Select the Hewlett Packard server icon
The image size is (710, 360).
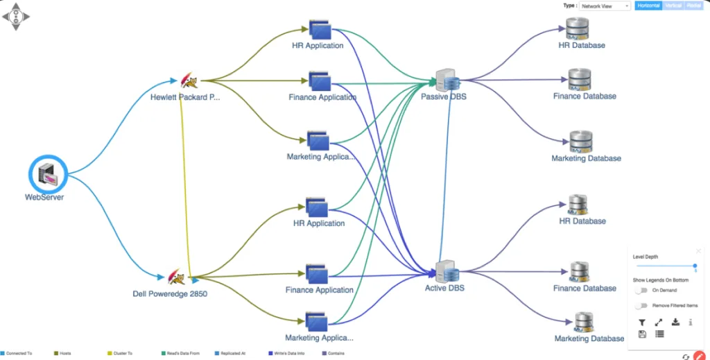[x=188, y=82]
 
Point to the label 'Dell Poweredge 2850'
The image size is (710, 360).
[x=170, y=293]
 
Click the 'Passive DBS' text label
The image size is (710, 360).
[x=444, y=97]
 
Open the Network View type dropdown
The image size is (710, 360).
[x=605, y=6]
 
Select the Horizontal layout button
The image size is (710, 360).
[x=648, y=6]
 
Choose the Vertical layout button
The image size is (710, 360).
[x=673, y=6]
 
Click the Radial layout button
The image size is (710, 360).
[x=694, y=6]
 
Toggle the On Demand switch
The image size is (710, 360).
[x=641, y=291]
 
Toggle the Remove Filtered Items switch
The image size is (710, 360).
[x=641, y=305]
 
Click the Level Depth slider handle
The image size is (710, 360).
[x=695, y=266]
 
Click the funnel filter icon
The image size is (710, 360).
[x=642, y=323]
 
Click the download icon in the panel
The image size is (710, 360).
[x=675, y=323]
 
